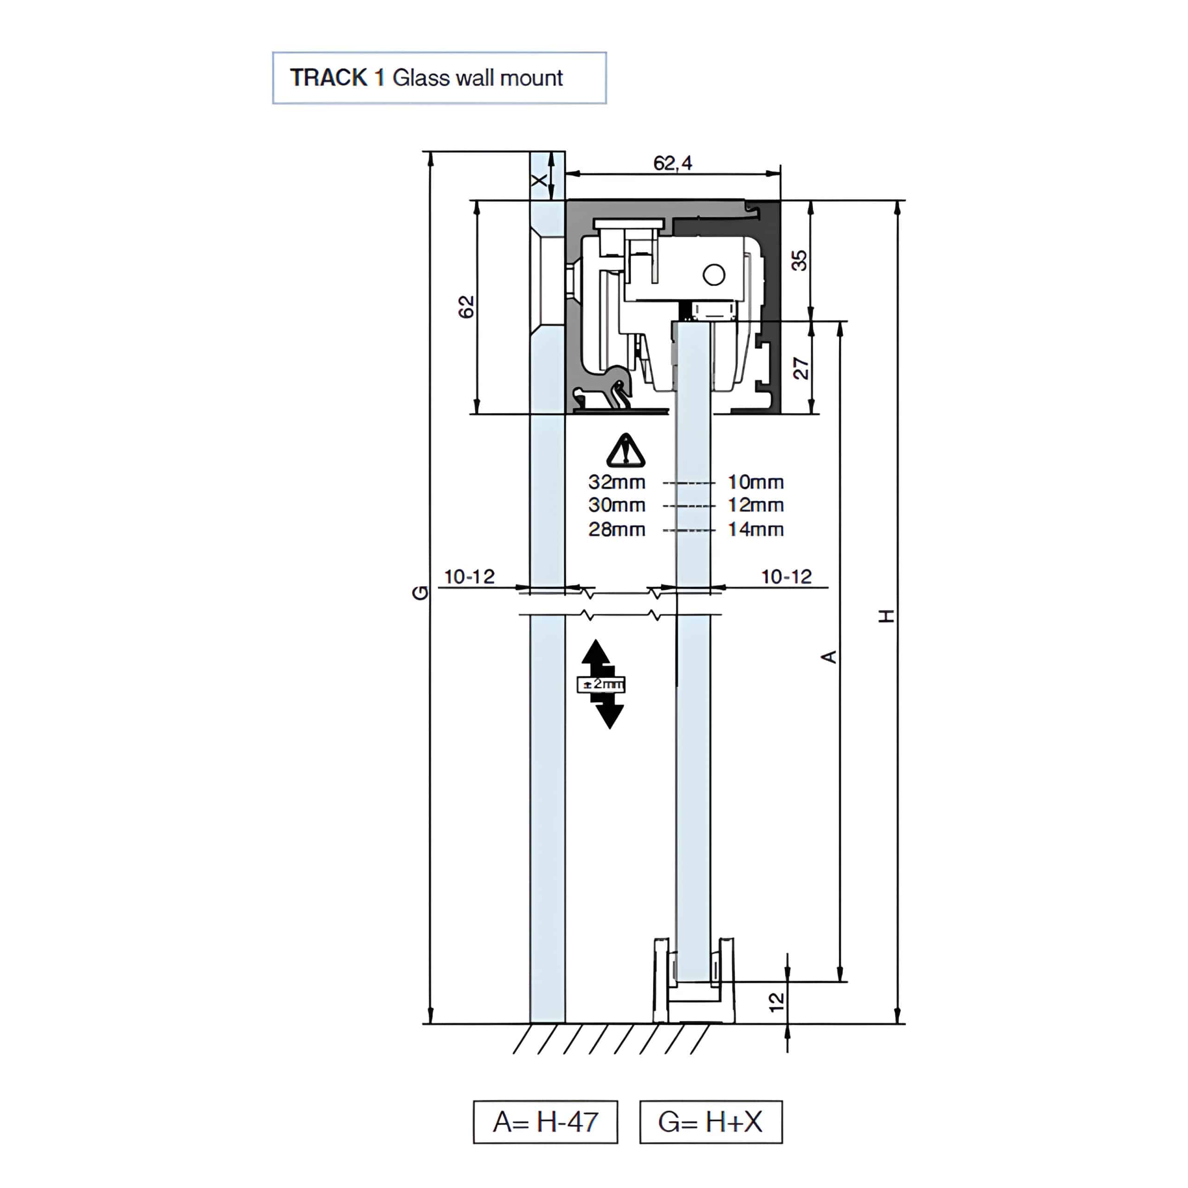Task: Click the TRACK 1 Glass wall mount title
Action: tap(439, 78)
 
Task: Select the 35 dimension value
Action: tap(799, 260)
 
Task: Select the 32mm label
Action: tap(617, 482)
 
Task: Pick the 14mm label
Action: tap(755, 529)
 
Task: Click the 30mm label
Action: tap(617, 505)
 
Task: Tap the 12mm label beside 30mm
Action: tap(755, 505)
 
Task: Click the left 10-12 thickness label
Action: tap(469, 577)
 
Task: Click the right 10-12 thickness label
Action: tap(787, 577)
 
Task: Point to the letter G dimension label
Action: tap(420, 593)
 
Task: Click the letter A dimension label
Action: tap(829, 657)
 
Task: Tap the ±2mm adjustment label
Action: tap(601, 684)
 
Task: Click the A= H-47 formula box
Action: tap(545, 1122)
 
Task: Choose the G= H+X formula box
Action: tap(711, 1122)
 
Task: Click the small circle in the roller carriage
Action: tap(714, 275)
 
